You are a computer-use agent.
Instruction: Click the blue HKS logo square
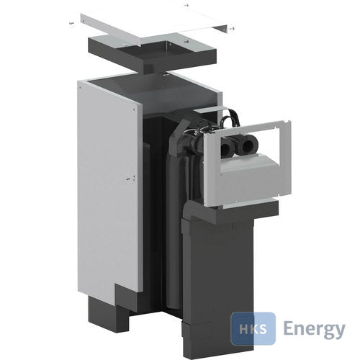(253, 328)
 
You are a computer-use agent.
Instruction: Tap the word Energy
(315, 329)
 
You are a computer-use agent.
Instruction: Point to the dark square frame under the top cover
(153, 55)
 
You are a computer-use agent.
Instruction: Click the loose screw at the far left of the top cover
(71, 23)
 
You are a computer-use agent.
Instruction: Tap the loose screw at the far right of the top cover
(232, 29)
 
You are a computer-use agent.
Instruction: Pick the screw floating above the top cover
(186, 5)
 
